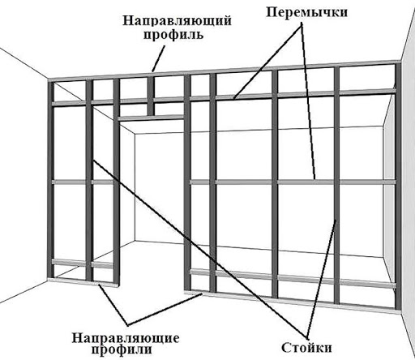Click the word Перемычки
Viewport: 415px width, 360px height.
tap(306, 12)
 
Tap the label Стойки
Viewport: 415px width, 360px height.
tap(306, 347)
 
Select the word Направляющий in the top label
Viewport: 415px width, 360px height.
tap(177, 21)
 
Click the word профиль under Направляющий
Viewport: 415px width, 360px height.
tap(173, 35)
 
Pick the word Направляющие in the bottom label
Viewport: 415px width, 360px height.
tap(126, 338)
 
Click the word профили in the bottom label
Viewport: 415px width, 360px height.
tap(122, 349)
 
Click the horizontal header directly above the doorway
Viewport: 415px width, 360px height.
tap(151, 118)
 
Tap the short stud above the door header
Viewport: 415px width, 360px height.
tap(151, 96)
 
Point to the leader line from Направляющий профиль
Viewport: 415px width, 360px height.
tap(158, 58)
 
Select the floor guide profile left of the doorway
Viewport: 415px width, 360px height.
tap(83, 282)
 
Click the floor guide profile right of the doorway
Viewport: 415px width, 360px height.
tap(291, 302)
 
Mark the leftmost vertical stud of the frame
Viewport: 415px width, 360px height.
tap(51, 179)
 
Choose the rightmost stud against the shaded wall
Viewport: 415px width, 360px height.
tap(397, 186)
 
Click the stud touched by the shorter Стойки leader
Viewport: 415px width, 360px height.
tap(336, 185)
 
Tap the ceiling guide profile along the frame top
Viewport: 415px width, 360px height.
tap(225, 71)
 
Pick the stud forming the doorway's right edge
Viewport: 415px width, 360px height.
tap(187, 183)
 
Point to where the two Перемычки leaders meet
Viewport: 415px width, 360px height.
tap(302, 25)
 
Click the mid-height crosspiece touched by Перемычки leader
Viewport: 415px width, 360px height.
tap(292, 182)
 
